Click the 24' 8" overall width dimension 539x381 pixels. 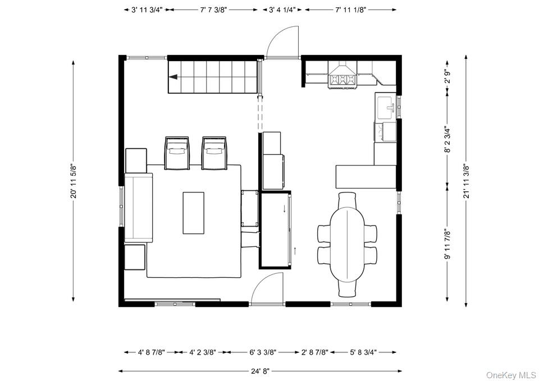point(260,371)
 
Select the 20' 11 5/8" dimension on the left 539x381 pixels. point(72,181)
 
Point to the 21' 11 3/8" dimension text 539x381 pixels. point(465,181)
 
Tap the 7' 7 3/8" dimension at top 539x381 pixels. point(213,10)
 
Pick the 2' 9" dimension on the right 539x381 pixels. point(447,77)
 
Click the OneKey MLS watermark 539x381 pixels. point(511,375)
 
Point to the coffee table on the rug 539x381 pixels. point(194,213)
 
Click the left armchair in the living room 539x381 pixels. point(177,152)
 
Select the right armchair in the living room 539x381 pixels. point(214,152)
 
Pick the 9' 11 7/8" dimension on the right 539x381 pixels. point(447,244)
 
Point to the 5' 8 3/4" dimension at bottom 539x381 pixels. point(363,352)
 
